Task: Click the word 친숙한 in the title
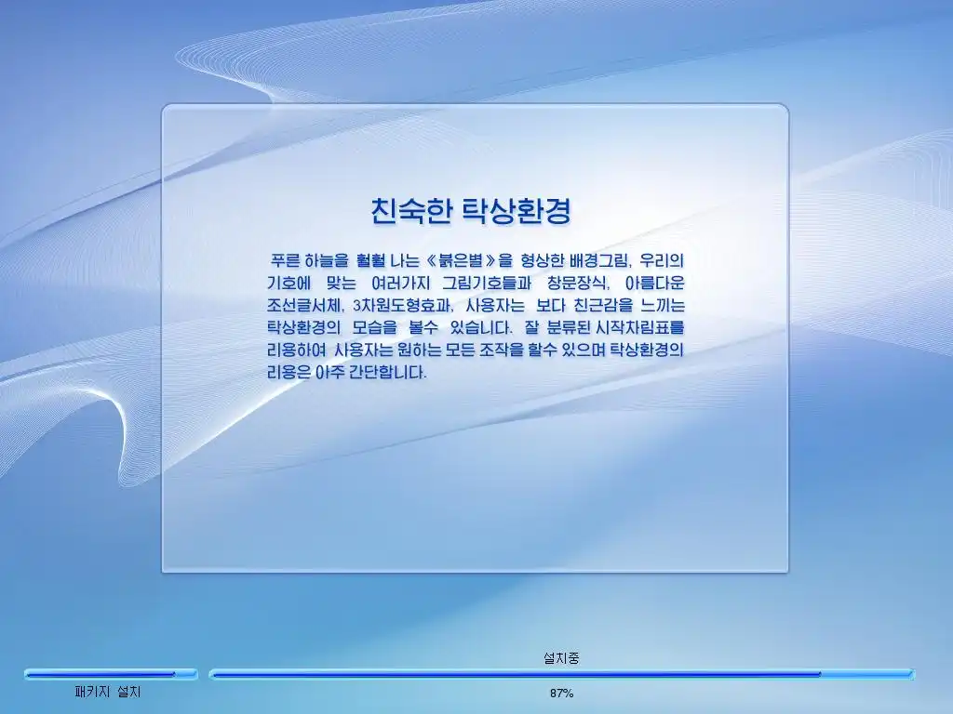[411, 211]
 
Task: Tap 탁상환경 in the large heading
[517, 211]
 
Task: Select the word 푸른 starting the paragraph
[285, 260]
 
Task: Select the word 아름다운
[655, 283]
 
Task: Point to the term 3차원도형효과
[403, 305]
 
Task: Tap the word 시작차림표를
[640, 328]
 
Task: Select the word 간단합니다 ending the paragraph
[388, 372]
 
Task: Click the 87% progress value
[561, 693]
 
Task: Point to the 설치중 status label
[561, 657]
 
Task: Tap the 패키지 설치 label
[108, 692]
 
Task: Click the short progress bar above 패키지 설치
[112, 674]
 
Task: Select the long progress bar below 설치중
[561, 674]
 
